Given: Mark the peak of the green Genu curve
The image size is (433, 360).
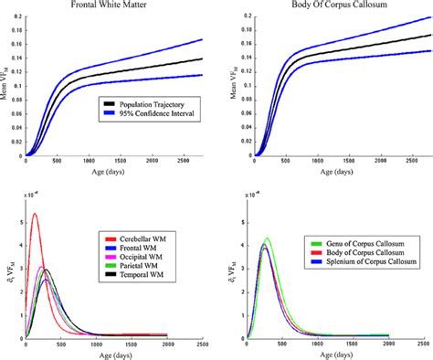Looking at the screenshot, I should pyautogui.click(x=267, y=238).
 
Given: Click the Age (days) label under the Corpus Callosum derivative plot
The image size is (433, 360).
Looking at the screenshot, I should pyautogui.click(x=335, y=356).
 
